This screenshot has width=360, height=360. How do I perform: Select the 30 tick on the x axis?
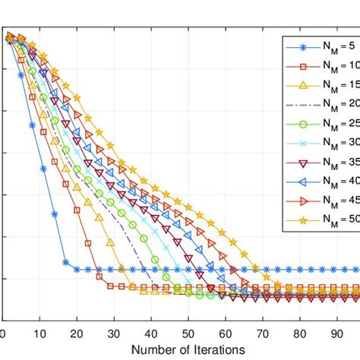point(113,332)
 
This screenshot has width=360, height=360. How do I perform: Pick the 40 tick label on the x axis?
point(150,332)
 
